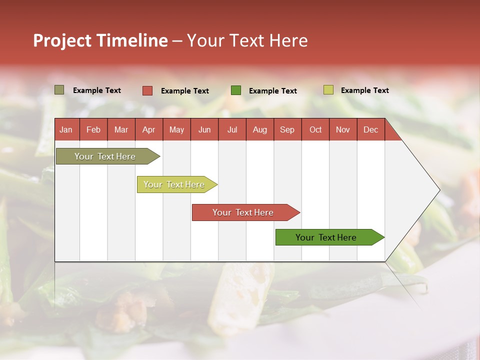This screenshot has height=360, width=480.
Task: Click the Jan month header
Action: [66, 129]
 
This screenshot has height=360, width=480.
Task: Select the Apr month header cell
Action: [148, 129]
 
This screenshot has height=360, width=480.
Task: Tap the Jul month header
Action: [232, 129]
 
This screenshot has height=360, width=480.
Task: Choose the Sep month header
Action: [287, 129]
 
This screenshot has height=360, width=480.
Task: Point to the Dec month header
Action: [370, 129]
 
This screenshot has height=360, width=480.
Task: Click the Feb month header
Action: [93, 129]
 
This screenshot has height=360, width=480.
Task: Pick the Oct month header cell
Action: [315, 129]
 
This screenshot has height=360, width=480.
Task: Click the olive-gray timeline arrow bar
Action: [105, 156]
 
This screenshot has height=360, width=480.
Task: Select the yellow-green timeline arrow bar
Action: [174, 184]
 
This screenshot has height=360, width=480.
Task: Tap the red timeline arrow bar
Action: [243, 212]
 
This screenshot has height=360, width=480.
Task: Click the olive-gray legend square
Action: [59, 90]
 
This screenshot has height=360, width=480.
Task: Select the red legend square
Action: [147, 90]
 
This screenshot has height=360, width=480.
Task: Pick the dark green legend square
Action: [236, 90]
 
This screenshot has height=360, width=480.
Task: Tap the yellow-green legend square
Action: [328, 90]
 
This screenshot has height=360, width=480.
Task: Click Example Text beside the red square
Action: [184, 91]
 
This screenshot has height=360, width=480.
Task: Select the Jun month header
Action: [204, 129]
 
